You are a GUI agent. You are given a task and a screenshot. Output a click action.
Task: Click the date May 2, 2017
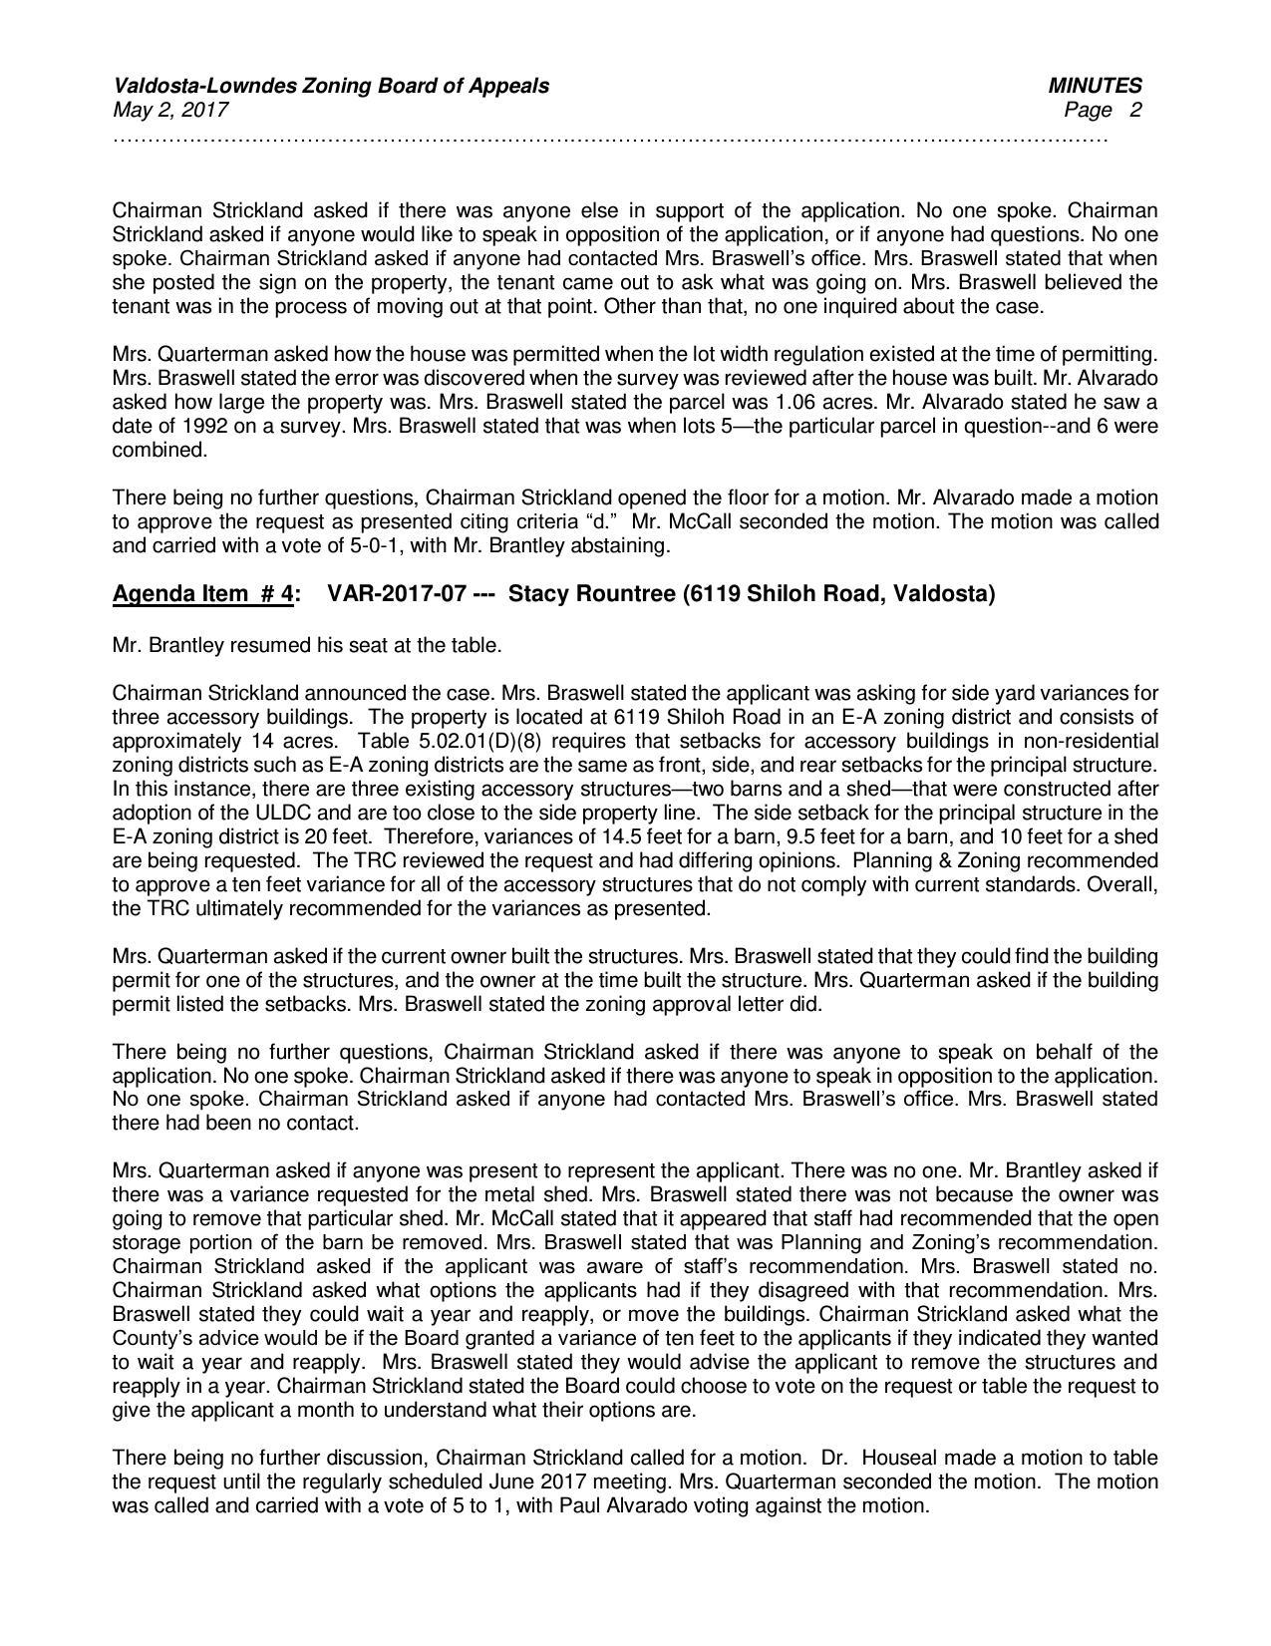click(x=170, y=110)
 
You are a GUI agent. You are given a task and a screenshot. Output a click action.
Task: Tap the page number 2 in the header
click(x=1135, y=110)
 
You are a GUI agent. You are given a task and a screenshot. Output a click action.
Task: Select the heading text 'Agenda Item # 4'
click(x=202, y=595)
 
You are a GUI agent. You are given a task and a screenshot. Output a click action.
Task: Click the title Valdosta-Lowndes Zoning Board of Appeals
click(x=330, y=86)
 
